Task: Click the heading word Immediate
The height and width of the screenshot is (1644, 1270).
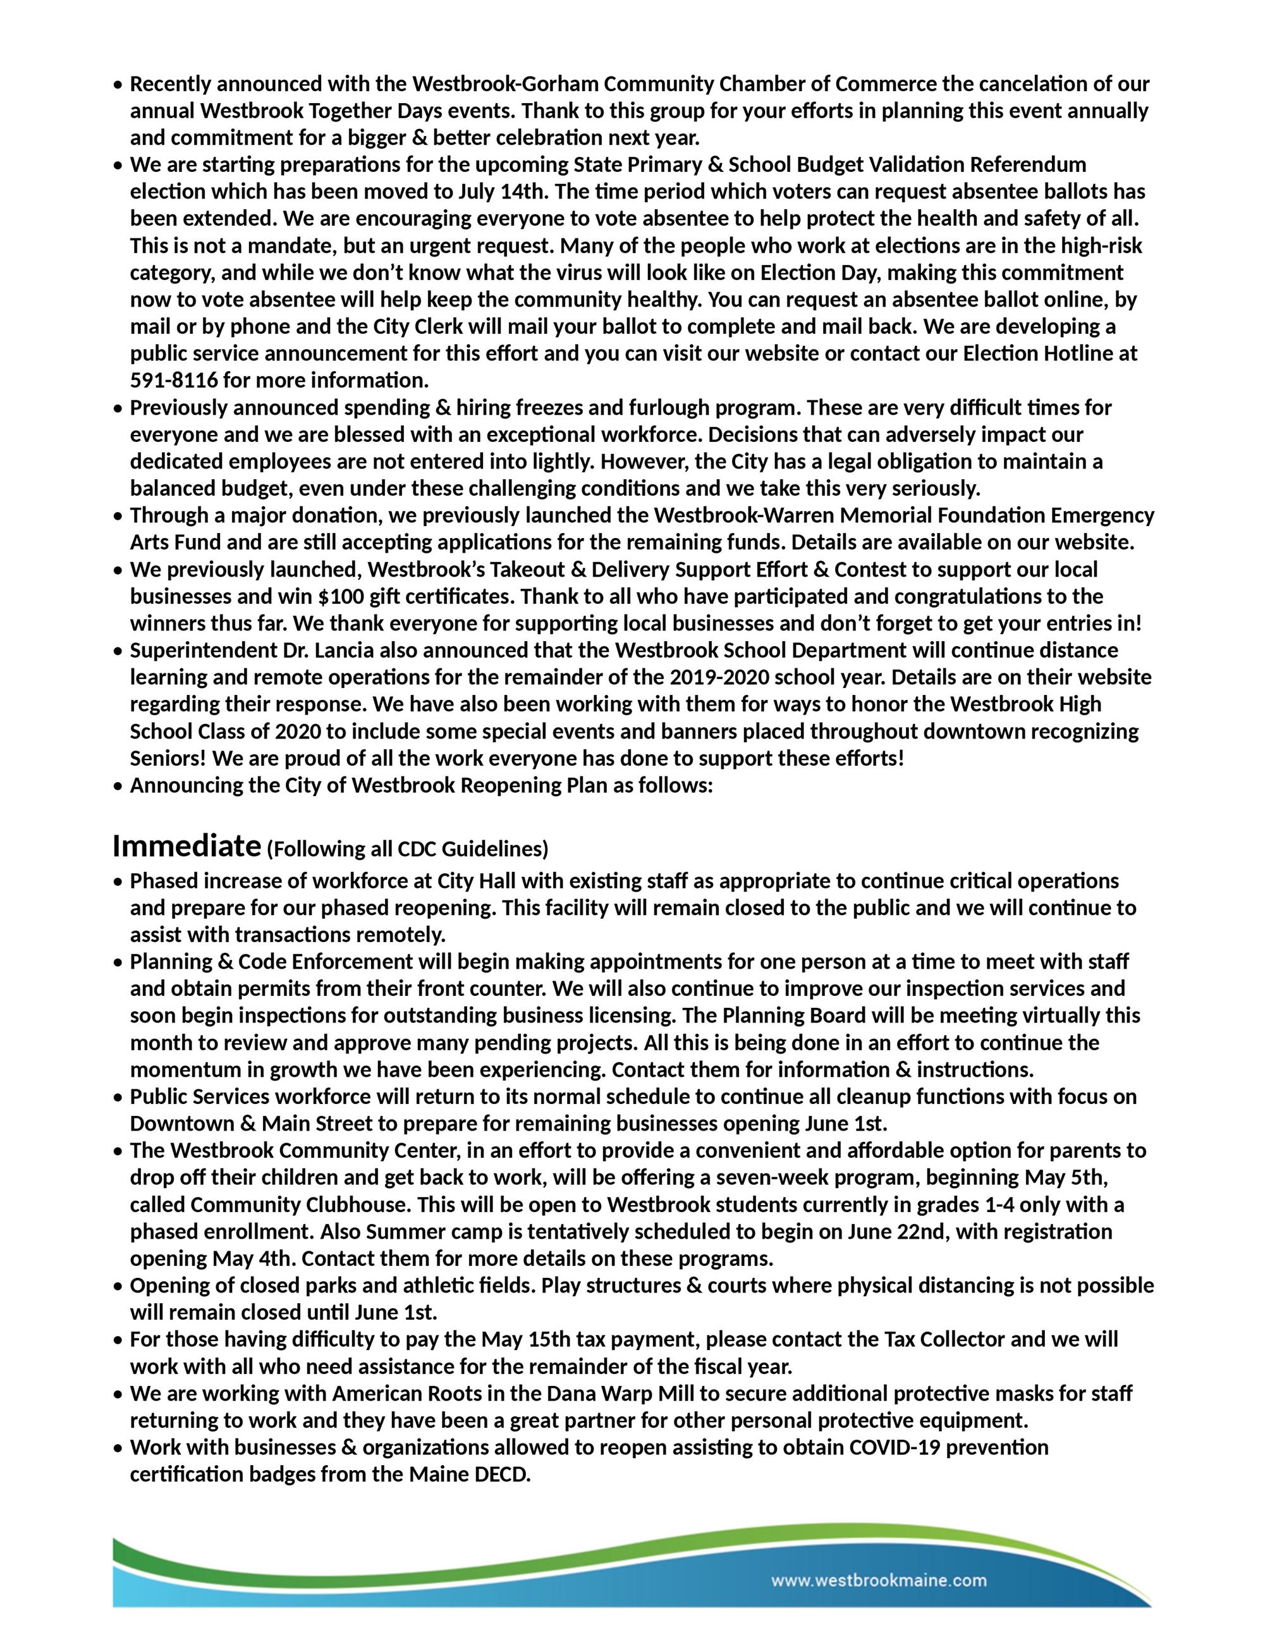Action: tap(186, 846)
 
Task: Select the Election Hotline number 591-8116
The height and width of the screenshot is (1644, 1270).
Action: tap(174, 380)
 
